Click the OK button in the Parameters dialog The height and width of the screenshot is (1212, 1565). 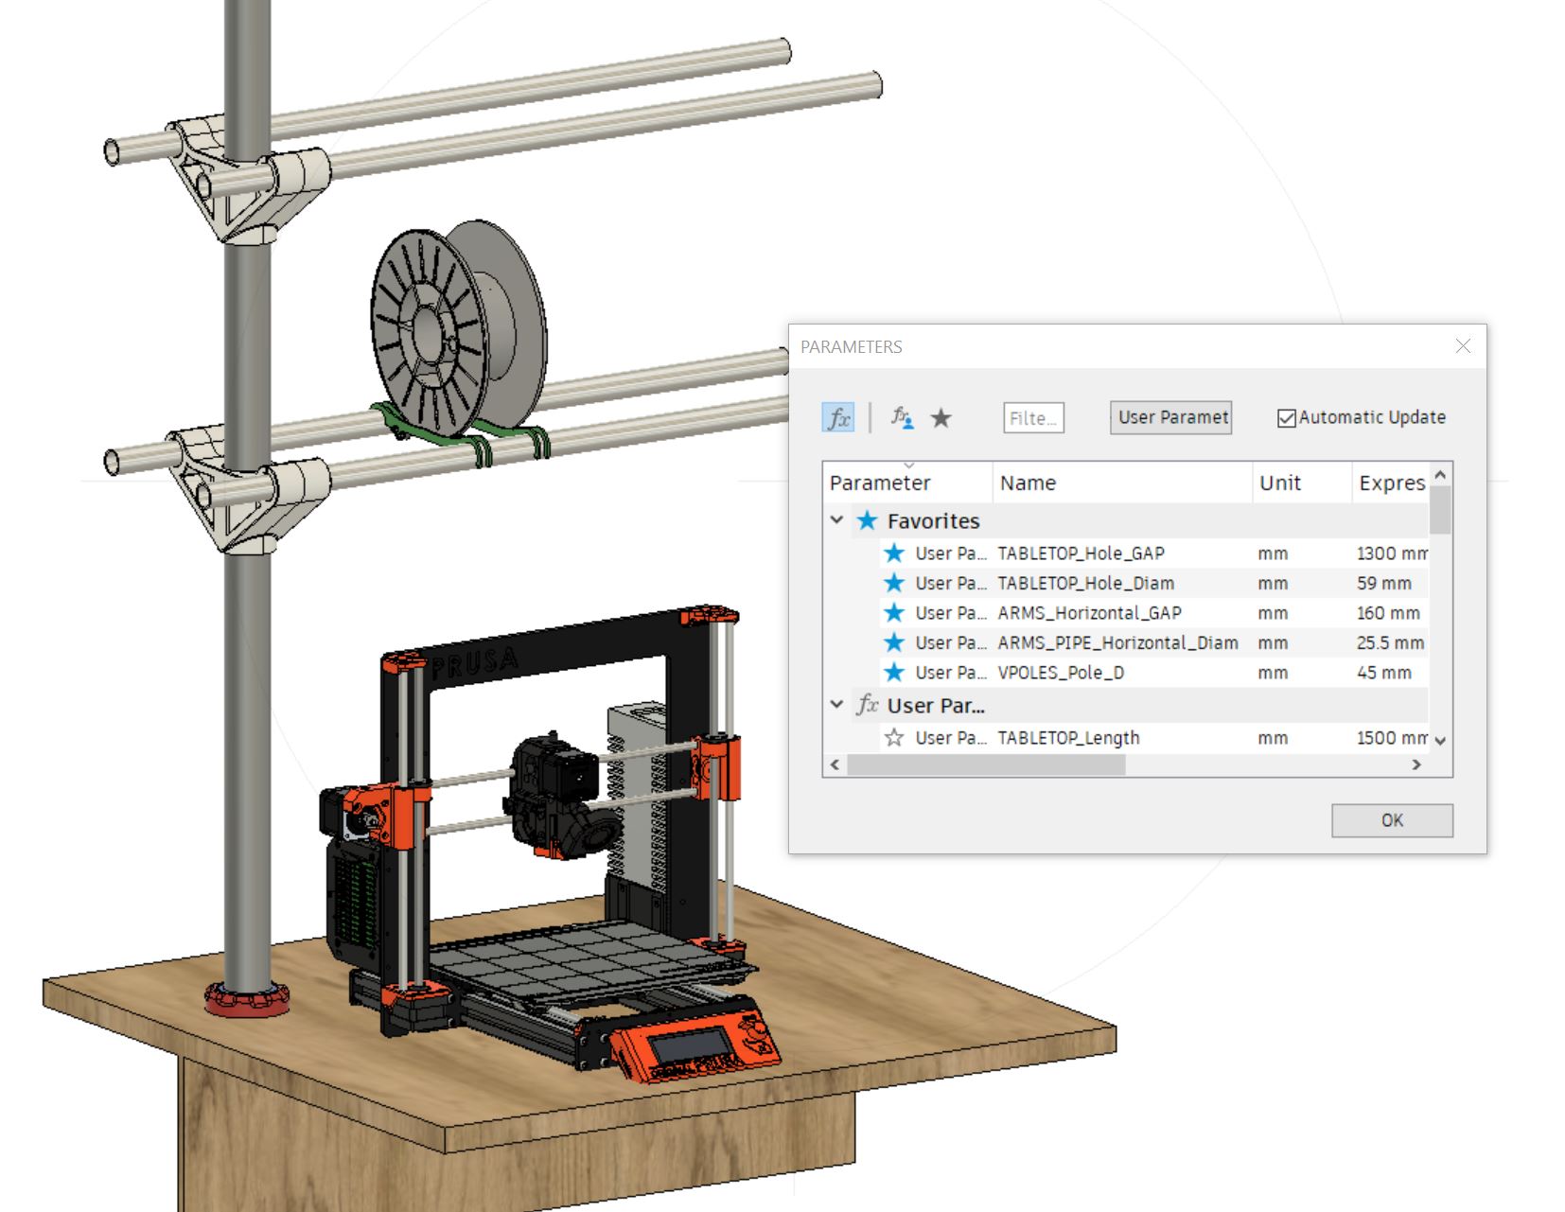(x=1391, y=820)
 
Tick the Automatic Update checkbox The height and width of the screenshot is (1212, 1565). (x=1286, y=418)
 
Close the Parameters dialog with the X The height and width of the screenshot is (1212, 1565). (x=1463, y=346)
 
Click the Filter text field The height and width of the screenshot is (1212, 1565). (x=1033, y=418)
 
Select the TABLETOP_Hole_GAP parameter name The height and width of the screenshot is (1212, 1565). (x=1081, y=553)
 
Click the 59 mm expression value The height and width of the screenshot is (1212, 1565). (x=1383, y=583)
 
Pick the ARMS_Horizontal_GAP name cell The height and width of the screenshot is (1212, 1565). (x=1089, y=613)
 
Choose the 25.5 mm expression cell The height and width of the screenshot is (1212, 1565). (x=1389, y=643)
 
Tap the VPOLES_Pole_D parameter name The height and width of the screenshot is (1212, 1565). (x=1061, y=673)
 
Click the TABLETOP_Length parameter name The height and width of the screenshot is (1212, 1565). (x=1068, y=738)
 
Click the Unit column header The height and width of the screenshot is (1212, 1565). (x=1279, y=483)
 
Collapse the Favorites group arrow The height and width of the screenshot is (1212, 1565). (x=836, y=520)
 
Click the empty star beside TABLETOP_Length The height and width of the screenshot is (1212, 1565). (x=893, y=738)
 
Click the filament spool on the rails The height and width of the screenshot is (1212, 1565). (x=454, y=322)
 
